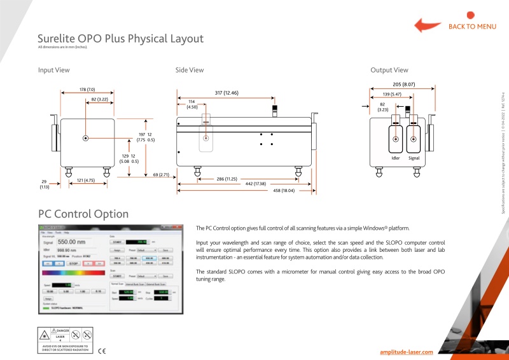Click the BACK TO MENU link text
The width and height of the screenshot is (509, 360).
coord(472,27)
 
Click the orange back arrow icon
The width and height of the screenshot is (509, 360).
coord(428,25)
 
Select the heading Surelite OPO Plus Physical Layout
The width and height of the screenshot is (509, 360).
coord(120,38)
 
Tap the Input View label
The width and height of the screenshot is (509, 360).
coord(53,70)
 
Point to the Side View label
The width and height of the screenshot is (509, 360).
coord(190,70)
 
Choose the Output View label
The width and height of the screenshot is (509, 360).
coord(389,70)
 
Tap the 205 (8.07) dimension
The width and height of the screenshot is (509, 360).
coord(404,84)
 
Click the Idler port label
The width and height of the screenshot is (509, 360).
coord(395,157)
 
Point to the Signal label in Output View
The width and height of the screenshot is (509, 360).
coord(414,157)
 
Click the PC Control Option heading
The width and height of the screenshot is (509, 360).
coord(83,214)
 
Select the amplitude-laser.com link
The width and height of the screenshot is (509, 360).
coord(406,352)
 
